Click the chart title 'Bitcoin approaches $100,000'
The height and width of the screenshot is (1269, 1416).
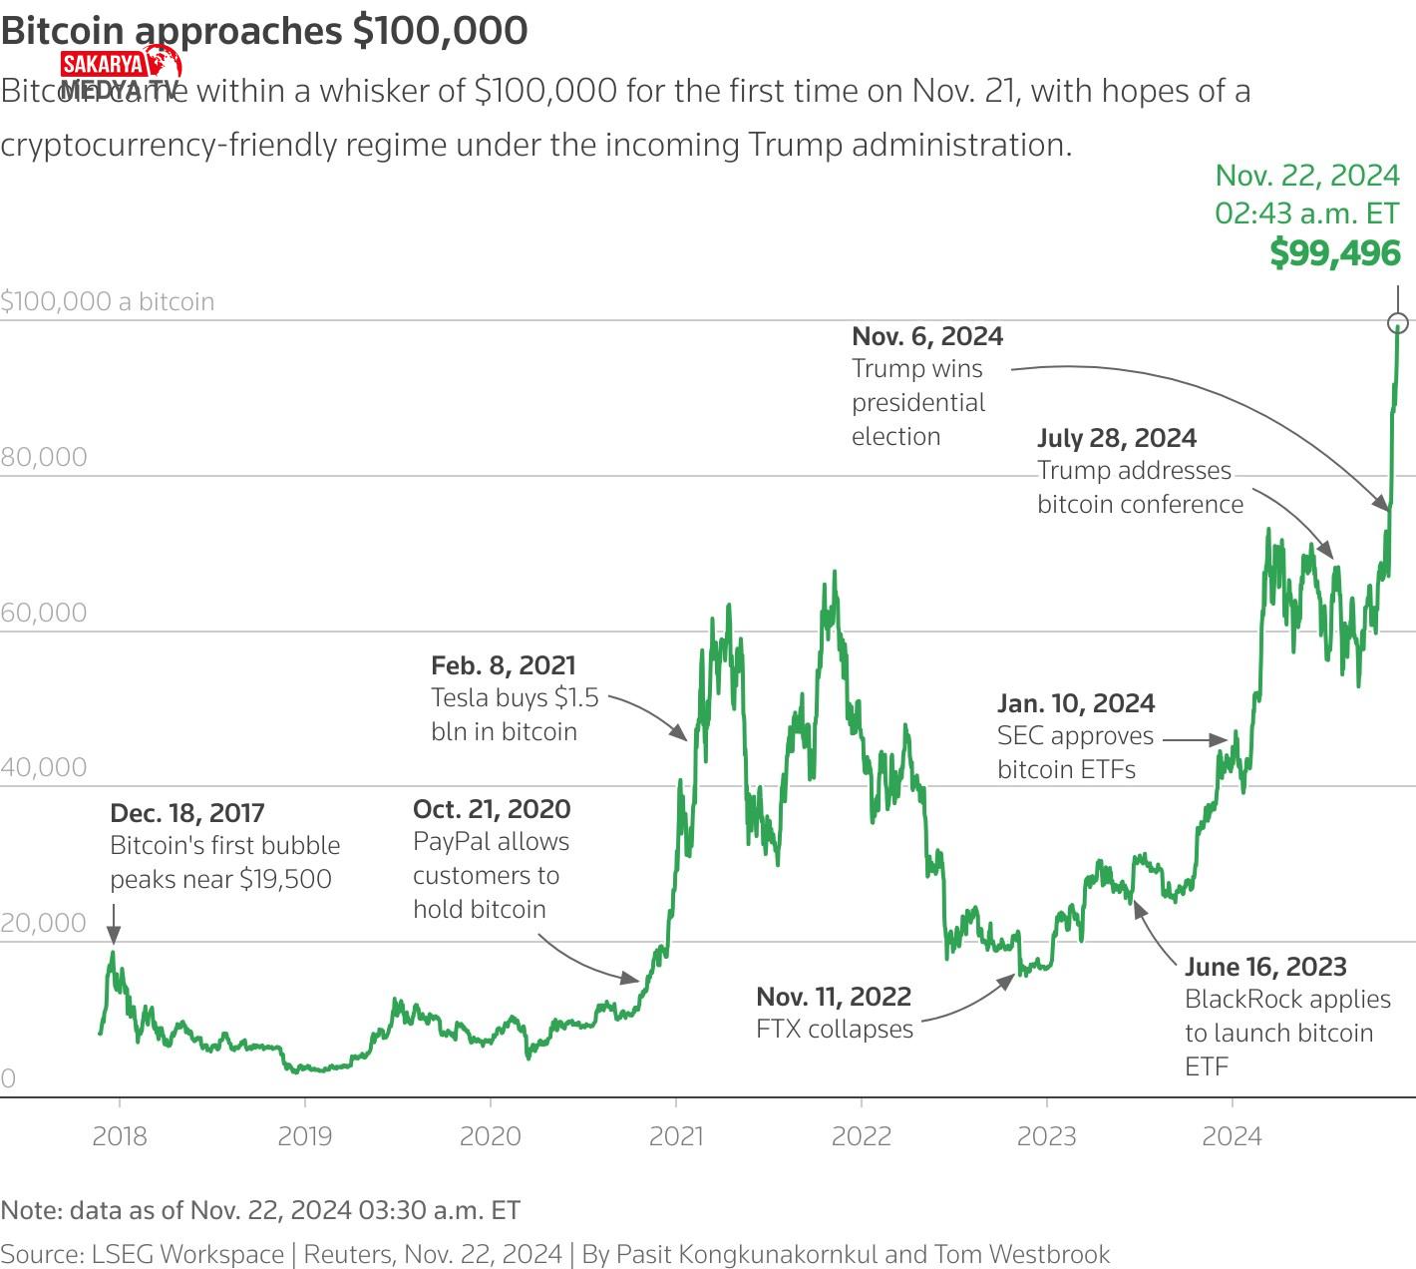264,31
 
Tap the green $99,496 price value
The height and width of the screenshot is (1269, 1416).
1335,253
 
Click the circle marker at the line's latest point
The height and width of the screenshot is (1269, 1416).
1398,322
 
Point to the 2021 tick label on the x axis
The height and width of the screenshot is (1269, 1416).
676,1136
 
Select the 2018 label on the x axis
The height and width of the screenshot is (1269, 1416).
120,1136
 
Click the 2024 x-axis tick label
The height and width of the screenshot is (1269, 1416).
1232,1136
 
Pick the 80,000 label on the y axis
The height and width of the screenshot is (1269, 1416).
44,457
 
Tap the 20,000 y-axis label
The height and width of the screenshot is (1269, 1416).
44,923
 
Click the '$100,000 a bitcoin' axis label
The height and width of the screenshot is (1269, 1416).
108,301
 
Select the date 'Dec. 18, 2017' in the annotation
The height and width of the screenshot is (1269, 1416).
187,813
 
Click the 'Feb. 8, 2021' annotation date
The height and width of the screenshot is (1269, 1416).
504,665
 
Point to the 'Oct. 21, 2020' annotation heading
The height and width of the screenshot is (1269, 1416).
492,809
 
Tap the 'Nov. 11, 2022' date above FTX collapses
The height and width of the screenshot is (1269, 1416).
834,997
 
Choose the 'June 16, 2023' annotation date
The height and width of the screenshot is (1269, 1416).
1265,967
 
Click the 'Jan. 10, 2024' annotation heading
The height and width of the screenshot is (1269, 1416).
1076,703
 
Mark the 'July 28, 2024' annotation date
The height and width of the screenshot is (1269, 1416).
1117,438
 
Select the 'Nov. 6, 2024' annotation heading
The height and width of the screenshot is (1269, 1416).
927,336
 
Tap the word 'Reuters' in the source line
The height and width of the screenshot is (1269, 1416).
346,1254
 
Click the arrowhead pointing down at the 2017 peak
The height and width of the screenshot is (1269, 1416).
114,935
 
